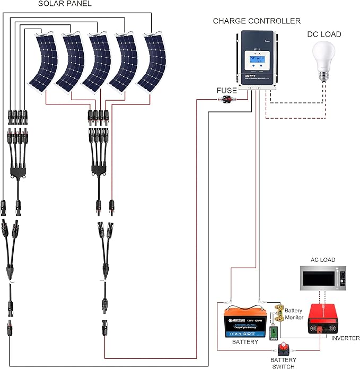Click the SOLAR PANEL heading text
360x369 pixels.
point(65,4)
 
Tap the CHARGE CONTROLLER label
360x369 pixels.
point(257,21)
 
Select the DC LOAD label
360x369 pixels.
point(324,34)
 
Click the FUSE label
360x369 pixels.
point(226,91)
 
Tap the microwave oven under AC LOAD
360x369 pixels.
point(322,279)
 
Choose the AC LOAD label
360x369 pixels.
point(322,260)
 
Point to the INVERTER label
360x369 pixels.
point(345,338)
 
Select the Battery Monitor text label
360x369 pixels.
point(294,314)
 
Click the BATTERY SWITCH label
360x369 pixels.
point(283,363)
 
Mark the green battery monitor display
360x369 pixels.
point(275,333)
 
